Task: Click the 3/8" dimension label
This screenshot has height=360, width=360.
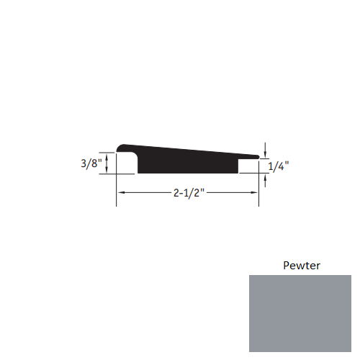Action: point(91,163)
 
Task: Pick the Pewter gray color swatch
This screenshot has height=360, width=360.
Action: point(300,313)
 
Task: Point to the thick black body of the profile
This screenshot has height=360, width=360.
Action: point(187,163)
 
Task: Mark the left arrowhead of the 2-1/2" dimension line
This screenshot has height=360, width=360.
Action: point(121,193)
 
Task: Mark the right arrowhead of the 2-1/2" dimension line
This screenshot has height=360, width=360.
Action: point(256,193)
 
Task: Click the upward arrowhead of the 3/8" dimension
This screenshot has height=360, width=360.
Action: point(107,155)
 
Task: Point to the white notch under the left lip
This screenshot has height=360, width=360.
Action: point(127,166)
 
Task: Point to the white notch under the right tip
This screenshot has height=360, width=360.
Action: point(248,166)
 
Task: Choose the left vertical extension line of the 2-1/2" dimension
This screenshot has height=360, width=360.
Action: point(117,191)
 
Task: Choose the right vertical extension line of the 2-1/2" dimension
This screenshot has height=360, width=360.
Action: point(259,191)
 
